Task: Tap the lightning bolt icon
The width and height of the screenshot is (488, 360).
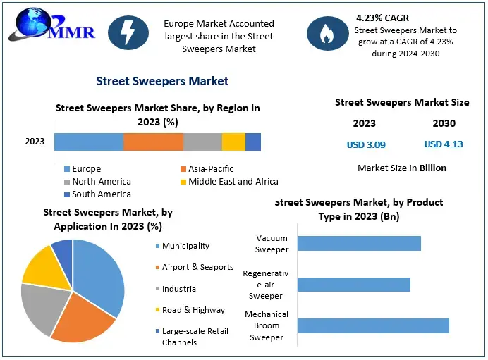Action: pos(128,33)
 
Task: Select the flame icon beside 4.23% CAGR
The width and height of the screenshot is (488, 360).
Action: pos(327,33)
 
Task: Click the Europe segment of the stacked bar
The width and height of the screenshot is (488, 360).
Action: pos(88,142)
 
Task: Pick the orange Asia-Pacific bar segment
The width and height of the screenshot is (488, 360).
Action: pos(153,142)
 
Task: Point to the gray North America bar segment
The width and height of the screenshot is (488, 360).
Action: pos(202,142)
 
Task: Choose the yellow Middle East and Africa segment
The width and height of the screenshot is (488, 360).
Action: pos(233,142)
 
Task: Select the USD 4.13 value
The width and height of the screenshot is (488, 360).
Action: pos(444,144)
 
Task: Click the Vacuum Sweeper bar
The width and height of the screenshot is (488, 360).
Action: pos(359,244)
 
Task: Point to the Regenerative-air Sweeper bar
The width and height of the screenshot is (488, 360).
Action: pos(353,285)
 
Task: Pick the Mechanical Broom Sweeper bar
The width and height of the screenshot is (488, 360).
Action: pos(373,325)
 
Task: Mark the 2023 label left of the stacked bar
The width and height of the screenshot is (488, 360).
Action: pos(35,142)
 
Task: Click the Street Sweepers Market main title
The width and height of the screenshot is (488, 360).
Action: pos(162,81)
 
